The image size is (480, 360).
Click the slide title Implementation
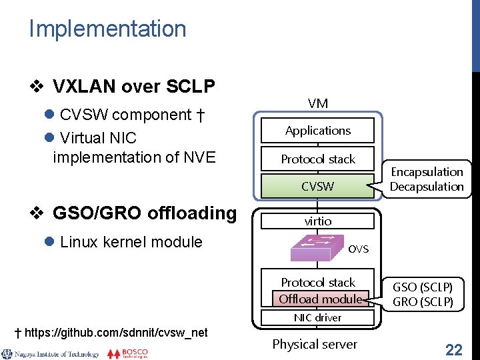pyautogui.click(x=107, y=29)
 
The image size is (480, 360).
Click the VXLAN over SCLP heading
pyautogui.click(x=133, y=86)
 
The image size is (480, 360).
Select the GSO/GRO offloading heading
pyautogui.click(x=144, y=213)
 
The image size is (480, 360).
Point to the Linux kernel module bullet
pyautogui.click(x=131, y=242)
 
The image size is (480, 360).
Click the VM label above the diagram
pyautogui.click(x=318, y=103)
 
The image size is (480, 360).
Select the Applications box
pyautogui.click(x=318, y=131)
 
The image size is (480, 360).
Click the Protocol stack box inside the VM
pyautogui.click(x=318, y=159)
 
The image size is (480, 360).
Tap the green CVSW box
pyautogui.click(x=318, y=186)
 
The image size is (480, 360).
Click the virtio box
pyautogui.click(x=318, y=221)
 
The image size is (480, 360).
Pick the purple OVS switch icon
pyautogui.click(x=317, y=248)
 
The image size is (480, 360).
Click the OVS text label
pyautogui.click(x=358, y=249)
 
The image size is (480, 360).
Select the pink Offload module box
pyautogui.click(x=320, y=299)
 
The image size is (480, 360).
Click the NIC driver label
pyautogui.click(x=318, y=318)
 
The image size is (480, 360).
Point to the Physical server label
pyautogui.click(x=315, y=344)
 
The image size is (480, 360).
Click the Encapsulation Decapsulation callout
pyautogui.click(x=427, y=179)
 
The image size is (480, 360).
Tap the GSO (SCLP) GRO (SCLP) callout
pyautogui.click(x=422, y=294)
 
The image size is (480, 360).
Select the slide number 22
pyautogui.click(x=454, y=349)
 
